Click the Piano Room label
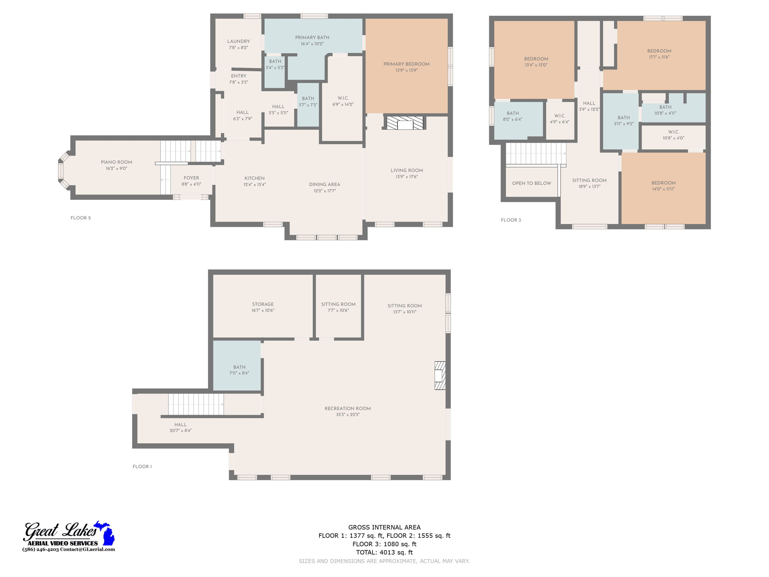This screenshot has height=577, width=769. tap(116, 162)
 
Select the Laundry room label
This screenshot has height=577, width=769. tap(238, 41)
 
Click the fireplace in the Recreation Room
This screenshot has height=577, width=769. tap(440, 375)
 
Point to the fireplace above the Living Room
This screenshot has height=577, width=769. tap(405, 123)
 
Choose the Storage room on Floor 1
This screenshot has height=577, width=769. tap(263, 307)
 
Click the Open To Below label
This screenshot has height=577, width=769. tap(531, 183)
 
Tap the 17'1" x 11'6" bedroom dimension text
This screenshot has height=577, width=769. tap(659, 57)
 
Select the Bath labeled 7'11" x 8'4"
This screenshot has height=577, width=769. tap(239, 370)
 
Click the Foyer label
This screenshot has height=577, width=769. tap(191, 178)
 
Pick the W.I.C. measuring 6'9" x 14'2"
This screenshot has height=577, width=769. tap(343, 101)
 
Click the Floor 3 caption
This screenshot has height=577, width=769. tap(511, 220)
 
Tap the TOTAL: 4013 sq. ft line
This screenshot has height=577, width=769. tap(384, 552)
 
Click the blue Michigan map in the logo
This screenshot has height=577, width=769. tap(107, 533)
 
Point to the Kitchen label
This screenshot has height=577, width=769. tap(255, 178)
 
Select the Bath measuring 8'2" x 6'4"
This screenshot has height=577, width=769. tap(513, 116)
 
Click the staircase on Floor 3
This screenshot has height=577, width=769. tap(535, 154)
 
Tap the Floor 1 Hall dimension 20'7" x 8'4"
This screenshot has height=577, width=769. tap(181, 430)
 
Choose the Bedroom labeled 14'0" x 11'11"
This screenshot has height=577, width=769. tap(663, 186)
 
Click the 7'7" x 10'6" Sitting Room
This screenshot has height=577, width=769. tap(338, 307)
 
